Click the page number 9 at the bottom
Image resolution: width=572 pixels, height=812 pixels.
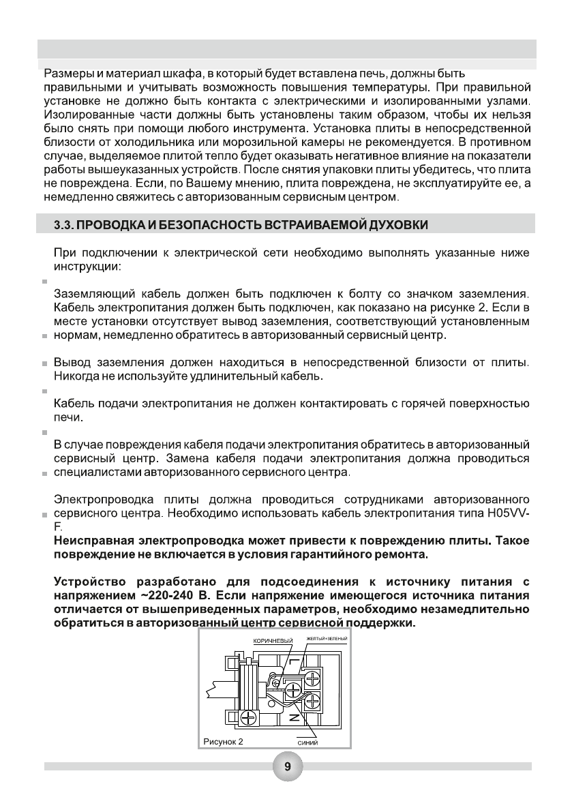click(287, 767)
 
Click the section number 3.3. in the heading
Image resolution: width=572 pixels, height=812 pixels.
click(67, 224)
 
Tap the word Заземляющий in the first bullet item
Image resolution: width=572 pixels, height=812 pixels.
click(93, 294)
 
